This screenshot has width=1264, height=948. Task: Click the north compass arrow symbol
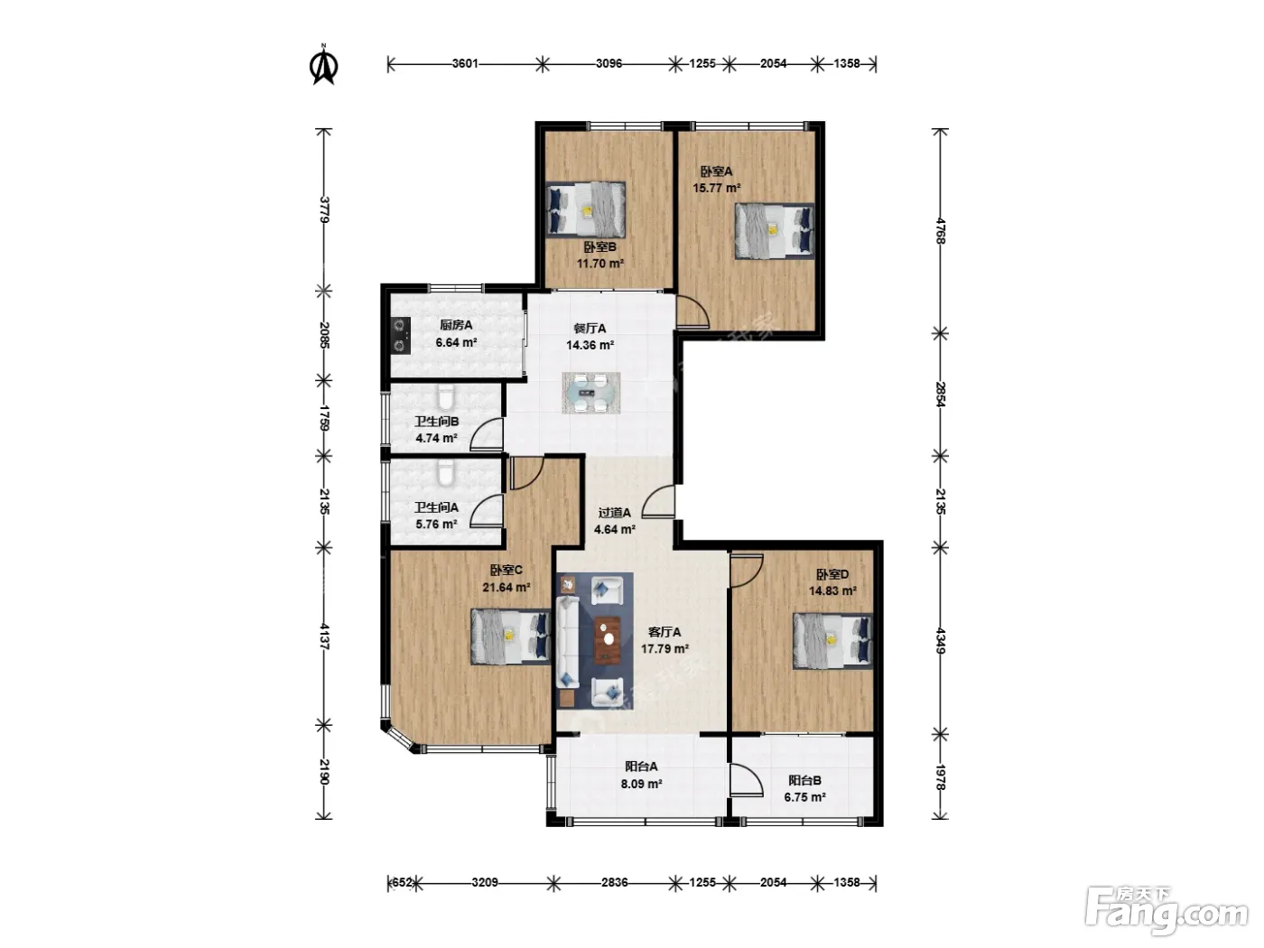pos(323,65)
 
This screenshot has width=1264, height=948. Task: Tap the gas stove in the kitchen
pos(401,335)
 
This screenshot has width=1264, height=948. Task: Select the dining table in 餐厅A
pos(590,393)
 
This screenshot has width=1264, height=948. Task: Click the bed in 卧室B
pos(586,209)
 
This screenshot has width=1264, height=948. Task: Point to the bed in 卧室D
pos(832,641)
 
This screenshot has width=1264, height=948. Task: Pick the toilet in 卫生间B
pos(445,396)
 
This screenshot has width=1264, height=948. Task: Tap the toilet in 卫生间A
pos(446,472)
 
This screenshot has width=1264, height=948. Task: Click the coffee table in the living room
pos(608,640)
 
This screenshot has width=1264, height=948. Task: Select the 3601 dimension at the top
pos(465,63)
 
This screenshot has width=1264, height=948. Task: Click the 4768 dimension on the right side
pos(940,231)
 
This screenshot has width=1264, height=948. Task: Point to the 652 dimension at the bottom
pos(402,882)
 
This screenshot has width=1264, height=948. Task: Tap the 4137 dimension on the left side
pos(324,636)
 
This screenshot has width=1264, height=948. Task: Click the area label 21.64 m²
pos(507,588)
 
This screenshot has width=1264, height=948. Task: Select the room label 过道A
pos(615,512)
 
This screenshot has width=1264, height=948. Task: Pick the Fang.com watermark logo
pos(1166,911)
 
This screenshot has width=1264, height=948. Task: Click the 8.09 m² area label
pos(641,784)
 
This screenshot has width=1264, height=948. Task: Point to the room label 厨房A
pos(456,325)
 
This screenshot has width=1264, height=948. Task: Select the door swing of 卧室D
pos(747,571)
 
